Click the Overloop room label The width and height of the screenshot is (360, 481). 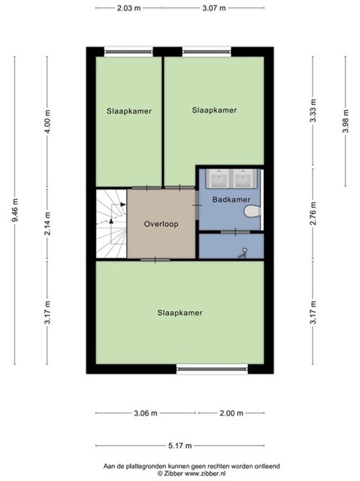coord(161,224)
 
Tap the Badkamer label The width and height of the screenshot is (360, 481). coord(231,200)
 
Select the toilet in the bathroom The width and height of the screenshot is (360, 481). coord(253,211)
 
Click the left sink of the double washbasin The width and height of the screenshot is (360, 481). coord(218,178)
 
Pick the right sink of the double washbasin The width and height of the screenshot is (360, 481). coord(244,178)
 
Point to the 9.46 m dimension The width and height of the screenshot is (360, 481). coord(15,210)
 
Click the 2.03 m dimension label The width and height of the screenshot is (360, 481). coord(129,8)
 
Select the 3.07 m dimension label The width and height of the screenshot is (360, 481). coord(214,8)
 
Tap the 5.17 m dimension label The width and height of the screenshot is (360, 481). coord(180,446)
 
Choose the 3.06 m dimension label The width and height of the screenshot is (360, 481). coord(146,413)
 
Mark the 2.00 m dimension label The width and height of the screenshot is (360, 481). coord(231,413)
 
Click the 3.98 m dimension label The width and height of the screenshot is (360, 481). coord(346,121)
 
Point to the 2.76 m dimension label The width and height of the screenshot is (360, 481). coord(313,213)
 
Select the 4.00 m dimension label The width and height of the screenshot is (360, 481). coord(47,121)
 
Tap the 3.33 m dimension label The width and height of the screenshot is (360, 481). coord(313,111)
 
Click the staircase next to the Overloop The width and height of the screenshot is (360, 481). coord(112,224)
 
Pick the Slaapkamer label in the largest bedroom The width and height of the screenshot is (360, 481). coord(180,313)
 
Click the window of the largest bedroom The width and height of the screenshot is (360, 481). coord(212,369)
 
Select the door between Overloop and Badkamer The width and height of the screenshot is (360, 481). coord(197,205)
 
